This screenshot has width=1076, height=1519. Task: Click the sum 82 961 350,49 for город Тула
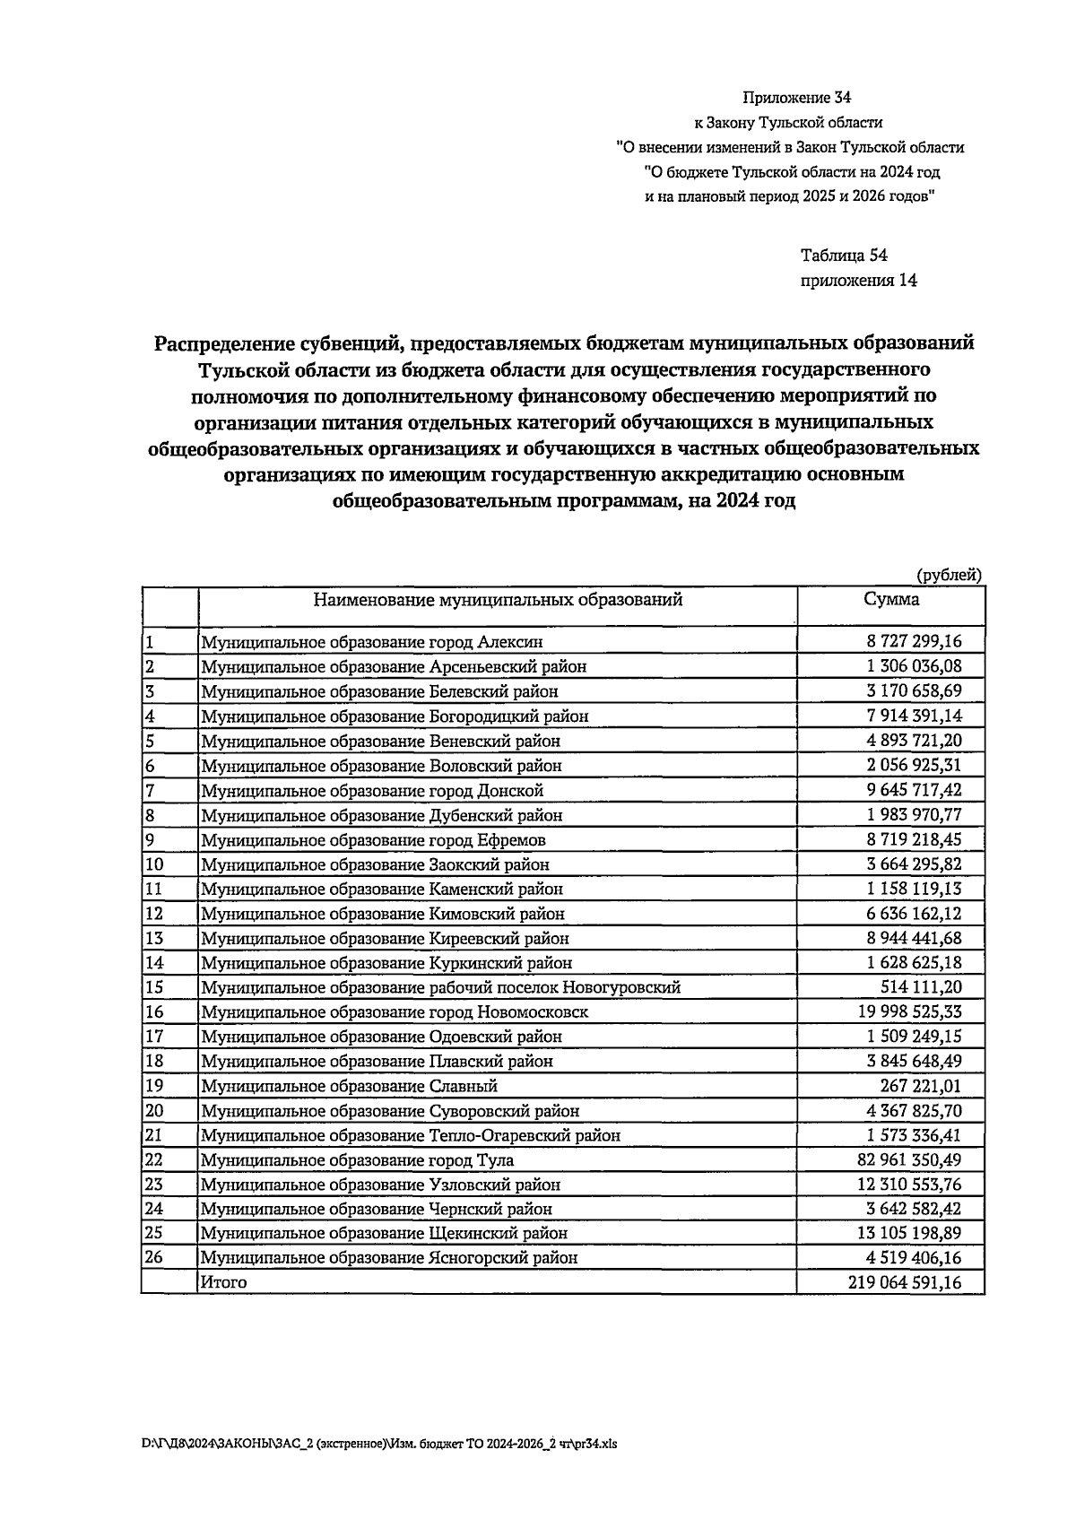point(905,1159)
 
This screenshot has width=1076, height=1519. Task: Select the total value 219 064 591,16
point(904,1282)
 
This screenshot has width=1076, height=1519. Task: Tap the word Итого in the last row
point(223,1282)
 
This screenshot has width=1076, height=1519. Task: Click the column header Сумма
point(891,600)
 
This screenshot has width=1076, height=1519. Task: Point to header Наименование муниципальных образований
point(498,600)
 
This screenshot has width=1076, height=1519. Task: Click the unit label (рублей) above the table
point(950,576)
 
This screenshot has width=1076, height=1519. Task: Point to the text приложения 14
point(858,281)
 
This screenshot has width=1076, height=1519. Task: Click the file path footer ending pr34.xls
point(379,1444)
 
